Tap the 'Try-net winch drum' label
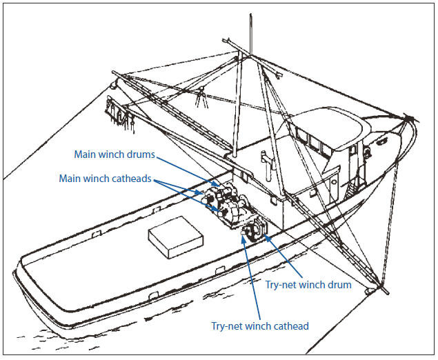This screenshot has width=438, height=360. click(308, 284)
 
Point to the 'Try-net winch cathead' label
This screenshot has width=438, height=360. click(260, 326)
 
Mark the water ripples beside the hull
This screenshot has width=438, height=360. click(55, 334)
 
